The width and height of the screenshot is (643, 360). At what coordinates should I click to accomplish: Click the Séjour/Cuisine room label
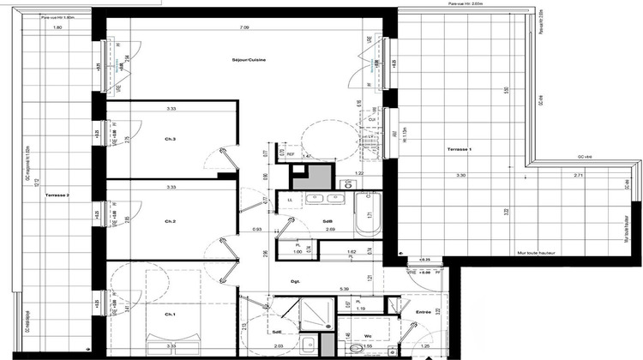(246, 60)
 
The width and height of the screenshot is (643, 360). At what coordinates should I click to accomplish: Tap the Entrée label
(423, 313)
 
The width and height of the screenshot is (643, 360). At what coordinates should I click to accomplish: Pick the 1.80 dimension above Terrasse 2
(58, 27)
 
